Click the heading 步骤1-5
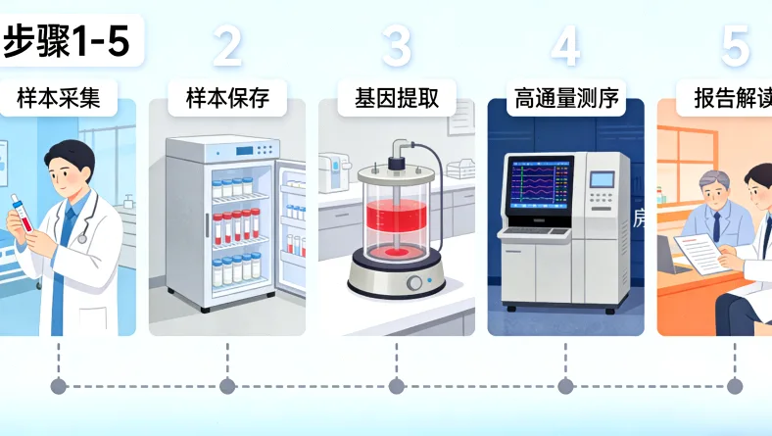coord(67,41)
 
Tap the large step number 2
coord(227,46)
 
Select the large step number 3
coord(397,46)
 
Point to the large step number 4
coord(565,46)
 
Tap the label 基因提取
coord(396,98)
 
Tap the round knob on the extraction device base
coord(413,282)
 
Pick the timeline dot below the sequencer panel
coord(565,386)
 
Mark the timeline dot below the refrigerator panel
coord(227,386)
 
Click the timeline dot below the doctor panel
coord(58,386)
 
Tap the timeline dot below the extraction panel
coord(396,386)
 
